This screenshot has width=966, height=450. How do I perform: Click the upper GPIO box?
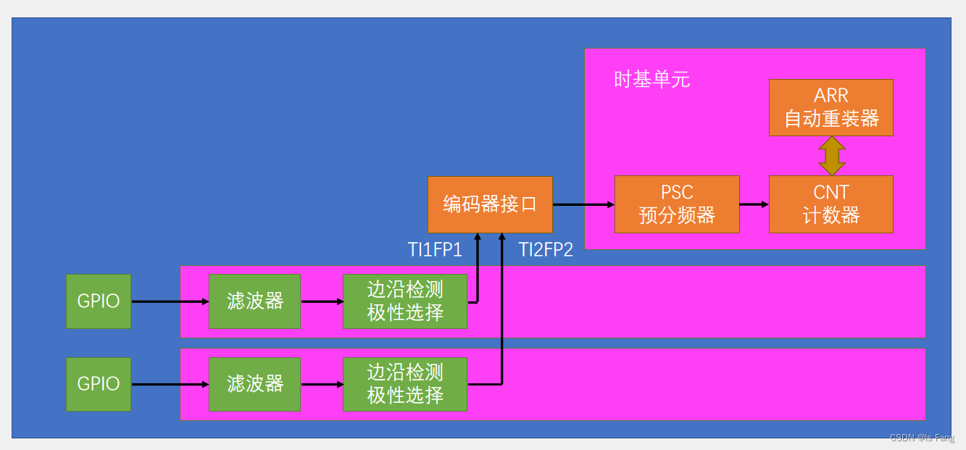tap(99, 301)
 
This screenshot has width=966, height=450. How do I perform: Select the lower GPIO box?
tap(99, 383)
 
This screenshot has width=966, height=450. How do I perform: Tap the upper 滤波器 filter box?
tap(254, 301)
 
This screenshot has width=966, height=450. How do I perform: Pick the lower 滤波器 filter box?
tap(254, 383)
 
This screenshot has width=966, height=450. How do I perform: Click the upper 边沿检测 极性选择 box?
tap(405, 301)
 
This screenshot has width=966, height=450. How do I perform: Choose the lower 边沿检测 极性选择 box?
tap(405, 383)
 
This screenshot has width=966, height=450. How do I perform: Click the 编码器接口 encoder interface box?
tap(490, 204)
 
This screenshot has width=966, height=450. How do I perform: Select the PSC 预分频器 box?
tap(677, 204)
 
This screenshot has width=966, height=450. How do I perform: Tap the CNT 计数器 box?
tap(830, 204)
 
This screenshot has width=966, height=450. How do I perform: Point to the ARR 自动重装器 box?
tap(830, 107)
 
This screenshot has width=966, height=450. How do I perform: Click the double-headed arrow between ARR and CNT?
tap(831, 155)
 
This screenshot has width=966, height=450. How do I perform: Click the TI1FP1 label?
tap(435, 250)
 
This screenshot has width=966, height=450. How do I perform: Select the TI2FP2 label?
tap(546, 250)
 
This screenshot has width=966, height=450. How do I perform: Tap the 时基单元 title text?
tap(651, 80)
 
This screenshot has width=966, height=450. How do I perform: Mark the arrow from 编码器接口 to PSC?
tap(583, 204)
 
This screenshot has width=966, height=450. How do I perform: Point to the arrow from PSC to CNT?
tap(754, 204)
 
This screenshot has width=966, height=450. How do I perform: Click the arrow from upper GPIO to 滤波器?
tap(170, 301)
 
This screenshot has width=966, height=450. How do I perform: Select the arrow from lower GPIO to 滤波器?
tap(170, 384)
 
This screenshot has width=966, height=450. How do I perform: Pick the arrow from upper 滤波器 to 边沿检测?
tap(322, 301)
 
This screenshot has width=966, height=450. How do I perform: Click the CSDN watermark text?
tap(922, 438)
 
